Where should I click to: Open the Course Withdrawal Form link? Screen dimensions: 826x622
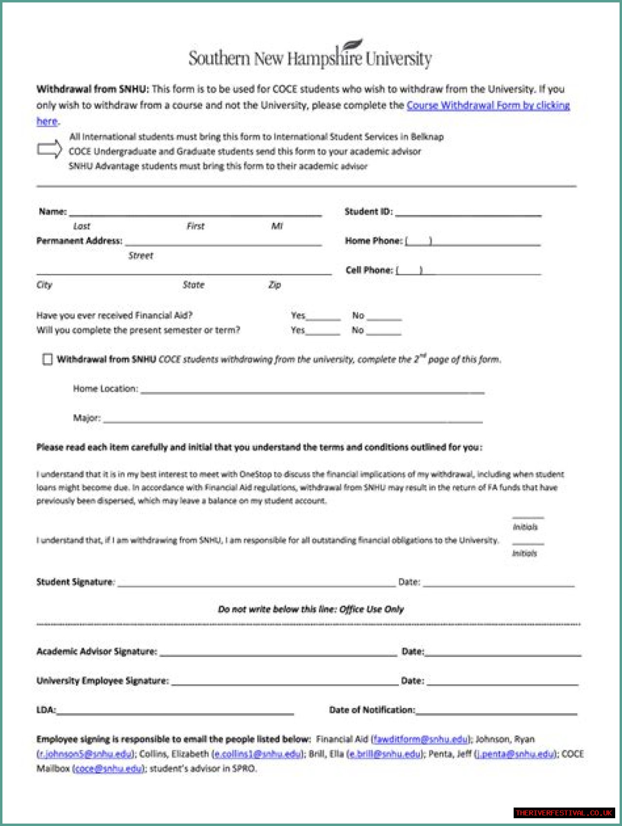[x=487, y=105]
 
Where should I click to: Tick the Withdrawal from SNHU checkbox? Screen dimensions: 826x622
[x=47, y=359]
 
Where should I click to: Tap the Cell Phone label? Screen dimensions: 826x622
[x=369, y=270]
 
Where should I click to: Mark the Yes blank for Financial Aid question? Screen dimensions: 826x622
[x=323, y=318]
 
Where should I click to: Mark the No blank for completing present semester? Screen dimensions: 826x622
[x=384, y=333]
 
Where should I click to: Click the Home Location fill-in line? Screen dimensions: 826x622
[x=312, y=391]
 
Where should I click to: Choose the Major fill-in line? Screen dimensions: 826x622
[x=293, y=421]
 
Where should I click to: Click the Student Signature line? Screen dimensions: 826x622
[x=256, y=585]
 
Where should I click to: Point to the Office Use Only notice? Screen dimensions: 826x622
[x=311, y=609]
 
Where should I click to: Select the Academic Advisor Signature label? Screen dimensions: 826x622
[x=97, y=652]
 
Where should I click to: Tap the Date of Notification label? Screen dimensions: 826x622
[x=372, y=710]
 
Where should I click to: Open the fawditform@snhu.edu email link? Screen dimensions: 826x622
[x=420, y=739]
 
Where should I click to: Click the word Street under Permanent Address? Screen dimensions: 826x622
[x=140, y=256]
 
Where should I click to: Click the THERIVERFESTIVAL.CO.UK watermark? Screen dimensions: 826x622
[x=564, y=813]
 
